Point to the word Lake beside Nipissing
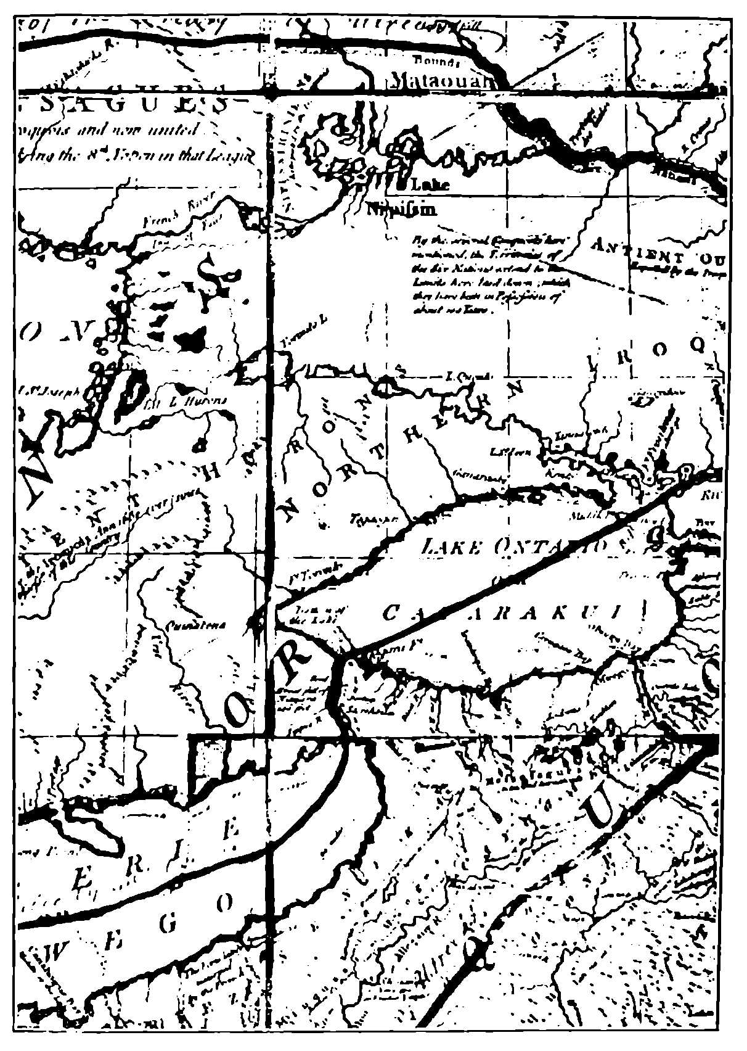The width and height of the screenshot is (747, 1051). (429, 184)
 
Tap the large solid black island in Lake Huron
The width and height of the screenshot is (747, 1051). (191, 338)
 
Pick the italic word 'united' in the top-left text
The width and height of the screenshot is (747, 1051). (178, 130)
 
